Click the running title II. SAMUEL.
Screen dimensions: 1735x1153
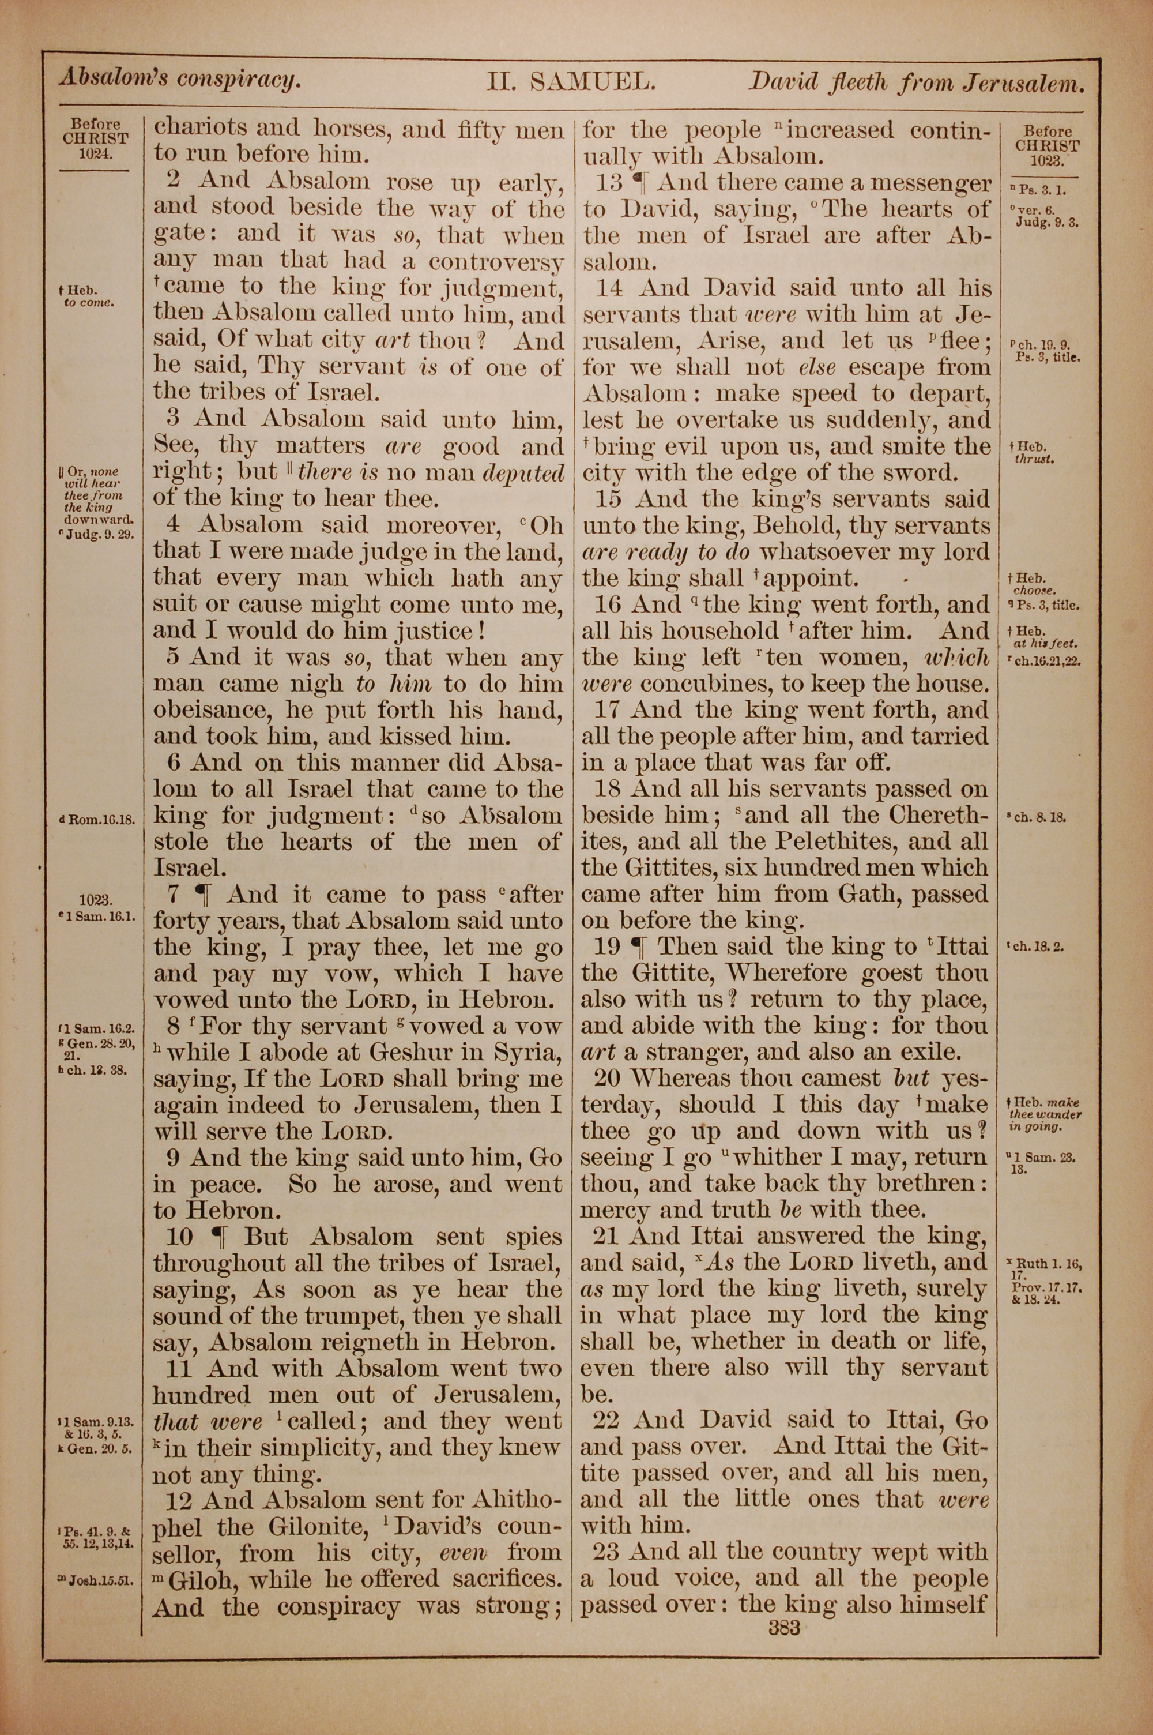[571, 81]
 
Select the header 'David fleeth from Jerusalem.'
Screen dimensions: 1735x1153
[916, 82]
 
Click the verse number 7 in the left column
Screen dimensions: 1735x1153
[174, 895]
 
